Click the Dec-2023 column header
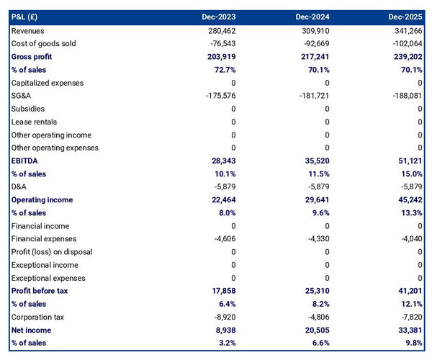tap(219, 17)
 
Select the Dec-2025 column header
tap(405, 17)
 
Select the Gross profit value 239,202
tap(405, 57)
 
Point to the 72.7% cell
tap(223, 70)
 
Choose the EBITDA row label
tap(26, 161)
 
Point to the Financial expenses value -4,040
tap(408, 239)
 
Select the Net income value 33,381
tap(408, 330)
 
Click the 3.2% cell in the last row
tap(225, 343)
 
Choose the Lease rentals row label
tap(34, 122)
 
